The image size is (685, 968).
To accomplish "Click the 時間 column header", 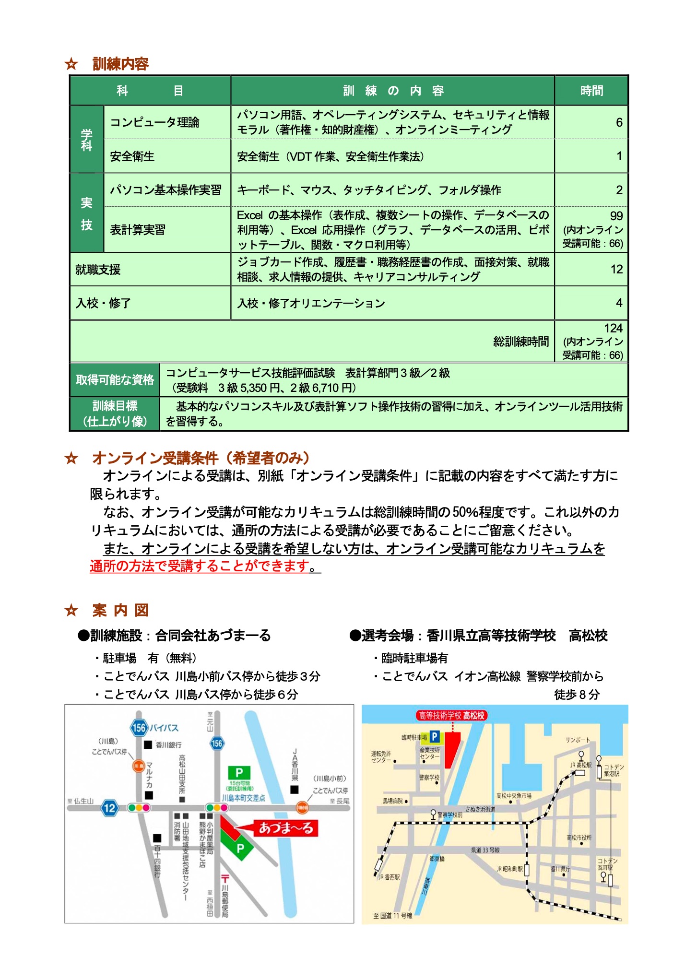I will tap(591, 91).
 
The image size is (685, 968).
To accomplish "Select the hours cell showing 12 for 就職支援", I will tap(591, 269).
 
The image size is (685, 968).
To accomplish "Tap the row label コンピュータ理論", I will tap(154, 122).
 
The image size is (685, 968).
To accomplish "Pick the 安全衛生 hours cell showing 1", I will tap(591, 156).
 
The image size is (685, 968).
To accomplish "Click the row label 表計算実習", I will tap(138, 230).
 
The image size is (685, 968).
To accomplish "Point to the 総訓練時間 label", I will tap(521, 341).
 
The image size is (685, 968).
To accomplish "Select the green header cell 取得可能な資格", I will tap(115, 380).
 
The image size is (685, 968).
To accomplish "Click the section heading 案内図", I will tap(120, 610).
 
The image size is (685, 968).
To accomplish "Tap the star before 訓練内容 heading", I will tap(71, 64).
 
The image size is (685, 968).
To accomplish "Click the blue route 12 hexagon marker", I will tap(109, 808).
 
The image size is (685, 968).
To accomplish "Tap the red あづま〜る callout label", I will tap(286, 828).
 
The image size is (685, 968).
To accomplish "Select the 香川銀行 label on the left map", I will tap(168, 745).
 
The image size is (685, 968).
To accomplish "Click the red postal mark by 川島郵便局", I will tap(224, 879).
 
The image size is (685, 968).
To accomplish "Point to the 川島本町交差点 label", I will tap(243, 798).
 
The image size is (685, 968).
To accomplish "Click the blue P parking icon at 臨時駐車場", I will tap(435, 736).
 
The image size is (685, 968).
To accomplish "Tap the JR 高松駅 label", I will tap(580, 765).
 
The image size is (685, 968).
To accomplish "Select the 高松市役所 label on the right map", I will tap(579, 838).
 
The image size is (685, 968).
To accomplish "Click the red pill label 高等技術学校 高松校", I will tap(452, 715).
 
